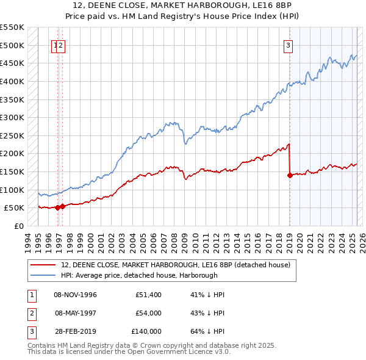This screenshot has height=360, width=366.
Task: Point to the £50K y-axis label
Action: (13, 207)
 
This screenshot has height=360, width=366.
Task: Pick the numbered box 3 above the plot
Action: (288, 44)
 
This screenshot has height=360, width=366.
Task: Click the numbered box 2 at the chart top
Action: (62, 44)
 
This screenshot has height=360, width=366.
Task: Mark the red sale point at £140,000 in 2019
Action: (289, 175)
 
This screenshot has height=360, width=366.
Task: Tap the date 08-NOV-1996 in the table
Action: (76, 295)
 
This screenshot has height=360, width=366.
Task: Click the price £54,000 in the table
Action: (148, 313)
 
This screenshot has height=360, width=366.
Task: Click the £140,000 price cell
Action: (146, 331)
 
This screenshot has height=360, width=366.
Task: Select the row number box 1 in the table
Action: (30, 295)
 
